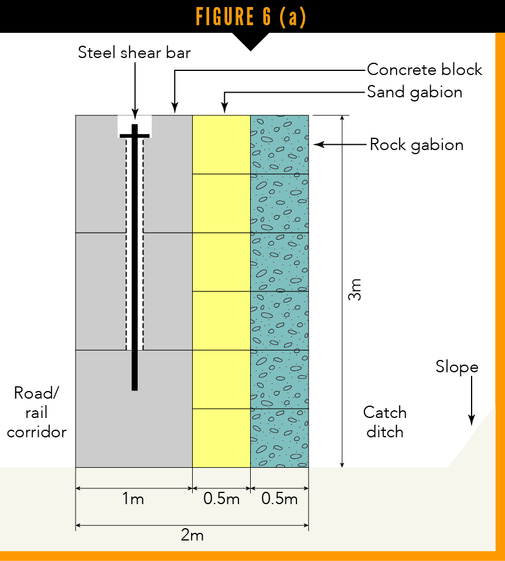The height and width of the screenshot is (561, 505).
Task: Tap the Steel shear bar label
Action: (x=135, y=53)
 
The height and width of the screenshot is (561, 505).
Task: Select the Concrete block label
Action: (x=424, y=70)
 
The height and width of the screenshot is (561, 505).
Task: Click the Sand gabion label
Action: (x=414, y=92)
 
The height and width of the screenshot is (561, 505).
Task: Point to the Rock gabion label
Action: (x=416, y=145)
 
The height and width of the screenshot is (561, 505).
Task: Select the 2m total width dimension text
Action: (x=192, y=535)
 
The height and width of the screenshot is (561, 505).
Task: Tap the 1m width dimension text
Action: (x=133, y=499)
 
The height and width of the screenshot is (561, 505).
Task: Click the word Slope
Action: (x=457, y=367)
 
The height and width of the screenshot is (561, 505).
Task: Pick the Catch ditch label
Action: (x=384, y=422)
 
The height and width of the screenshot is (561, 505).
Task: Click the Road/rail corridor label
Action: (x=36, y=412)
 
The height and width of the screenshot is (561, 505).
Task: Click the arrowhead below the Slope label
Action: (x=471, y=420)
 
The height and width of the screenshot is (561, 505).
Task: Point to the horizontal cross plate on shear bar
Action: (x=135, y=136)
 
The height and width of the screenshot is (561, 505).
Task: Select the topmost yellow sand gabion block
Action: (x=221, y=144)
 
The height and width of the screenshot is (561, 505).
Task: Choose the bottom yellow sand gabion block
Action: (x=221, y=438)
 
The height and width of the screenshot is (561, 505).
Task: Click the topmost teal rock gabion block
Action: (x=279, y=144)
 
